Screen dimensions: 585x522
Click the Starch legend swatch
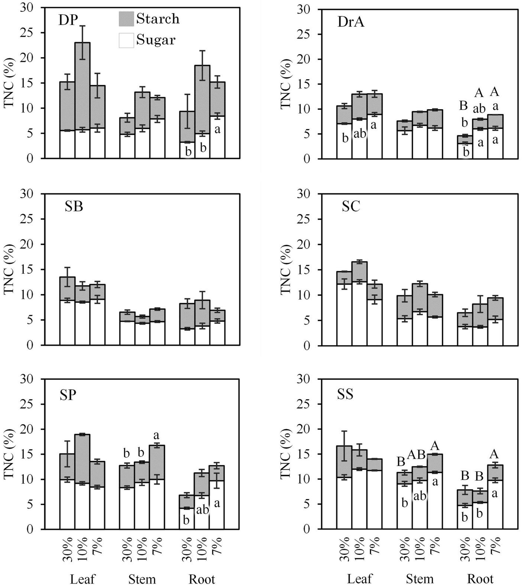click(x=126, y=19)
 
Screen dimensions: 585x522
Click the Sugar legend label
click(x=156, y=40)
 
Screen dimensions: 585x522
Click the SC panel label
click(x=351, y=207)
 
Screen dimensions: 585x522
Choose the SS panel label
click(x=345, y=394)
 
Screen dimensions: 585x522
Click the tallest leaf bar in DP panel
click(x=82, y=100)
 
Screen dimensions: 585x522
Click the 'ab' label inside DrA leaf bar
click(x=360, y=134)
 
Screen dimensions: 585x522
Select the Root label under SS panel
click(x=480, y=579)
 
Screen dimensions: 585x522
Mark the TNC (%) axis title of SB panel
click(x=9, y=269)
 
